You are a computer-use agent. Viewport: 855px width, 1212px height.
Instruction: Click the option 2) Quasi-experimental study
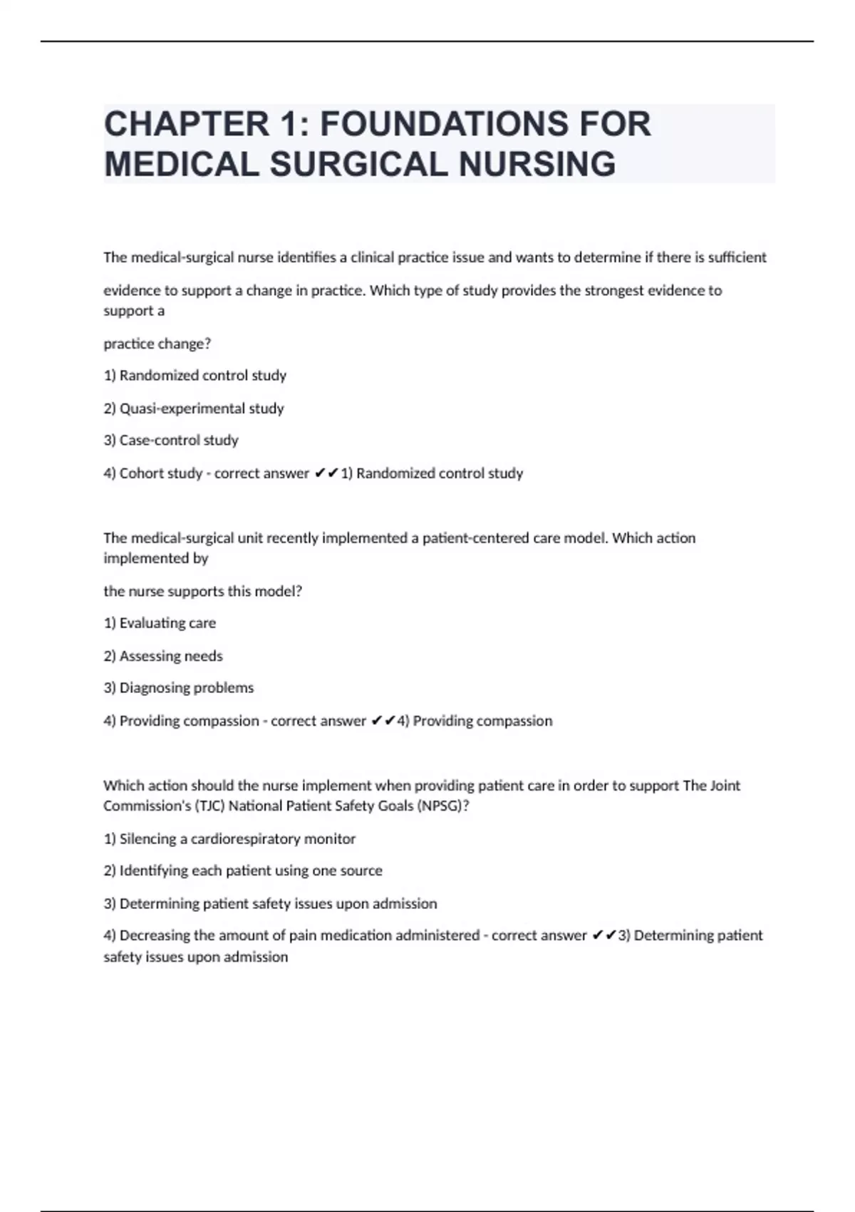[194, 409]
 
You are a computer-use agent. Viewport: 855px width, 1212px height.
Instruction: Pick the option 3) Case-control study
[171, 441]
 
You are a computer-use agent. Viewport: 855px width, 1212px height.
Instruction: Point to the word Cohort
[142, 473]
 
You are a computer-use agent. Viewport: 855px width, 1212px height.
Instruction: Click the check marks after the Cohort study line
[326, 473]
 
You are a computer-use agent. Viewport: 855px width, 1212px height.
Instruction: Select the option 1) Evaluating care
[160, 623]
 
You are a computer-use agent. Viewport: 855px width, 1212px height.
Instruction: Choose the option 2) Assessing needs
[163, 656]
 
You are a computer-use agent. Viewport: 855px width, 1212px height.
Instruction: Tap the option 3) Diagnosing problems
[179, 688]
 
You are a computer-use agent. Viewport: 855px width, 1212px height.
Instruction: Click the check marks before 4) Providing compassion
[383, 721]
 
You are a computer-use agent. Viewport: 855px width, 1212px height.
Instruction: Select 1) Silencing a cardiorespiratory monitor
[229, 839]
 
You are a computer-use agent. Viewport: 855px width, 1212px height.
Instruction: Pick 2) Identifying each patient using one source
[243, 871]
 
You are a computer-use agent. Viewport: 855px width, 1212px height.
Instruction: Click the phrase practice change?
[157, 344]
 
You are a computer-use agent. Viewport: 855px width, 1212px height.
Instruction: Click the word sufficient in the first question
[737, 257]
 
